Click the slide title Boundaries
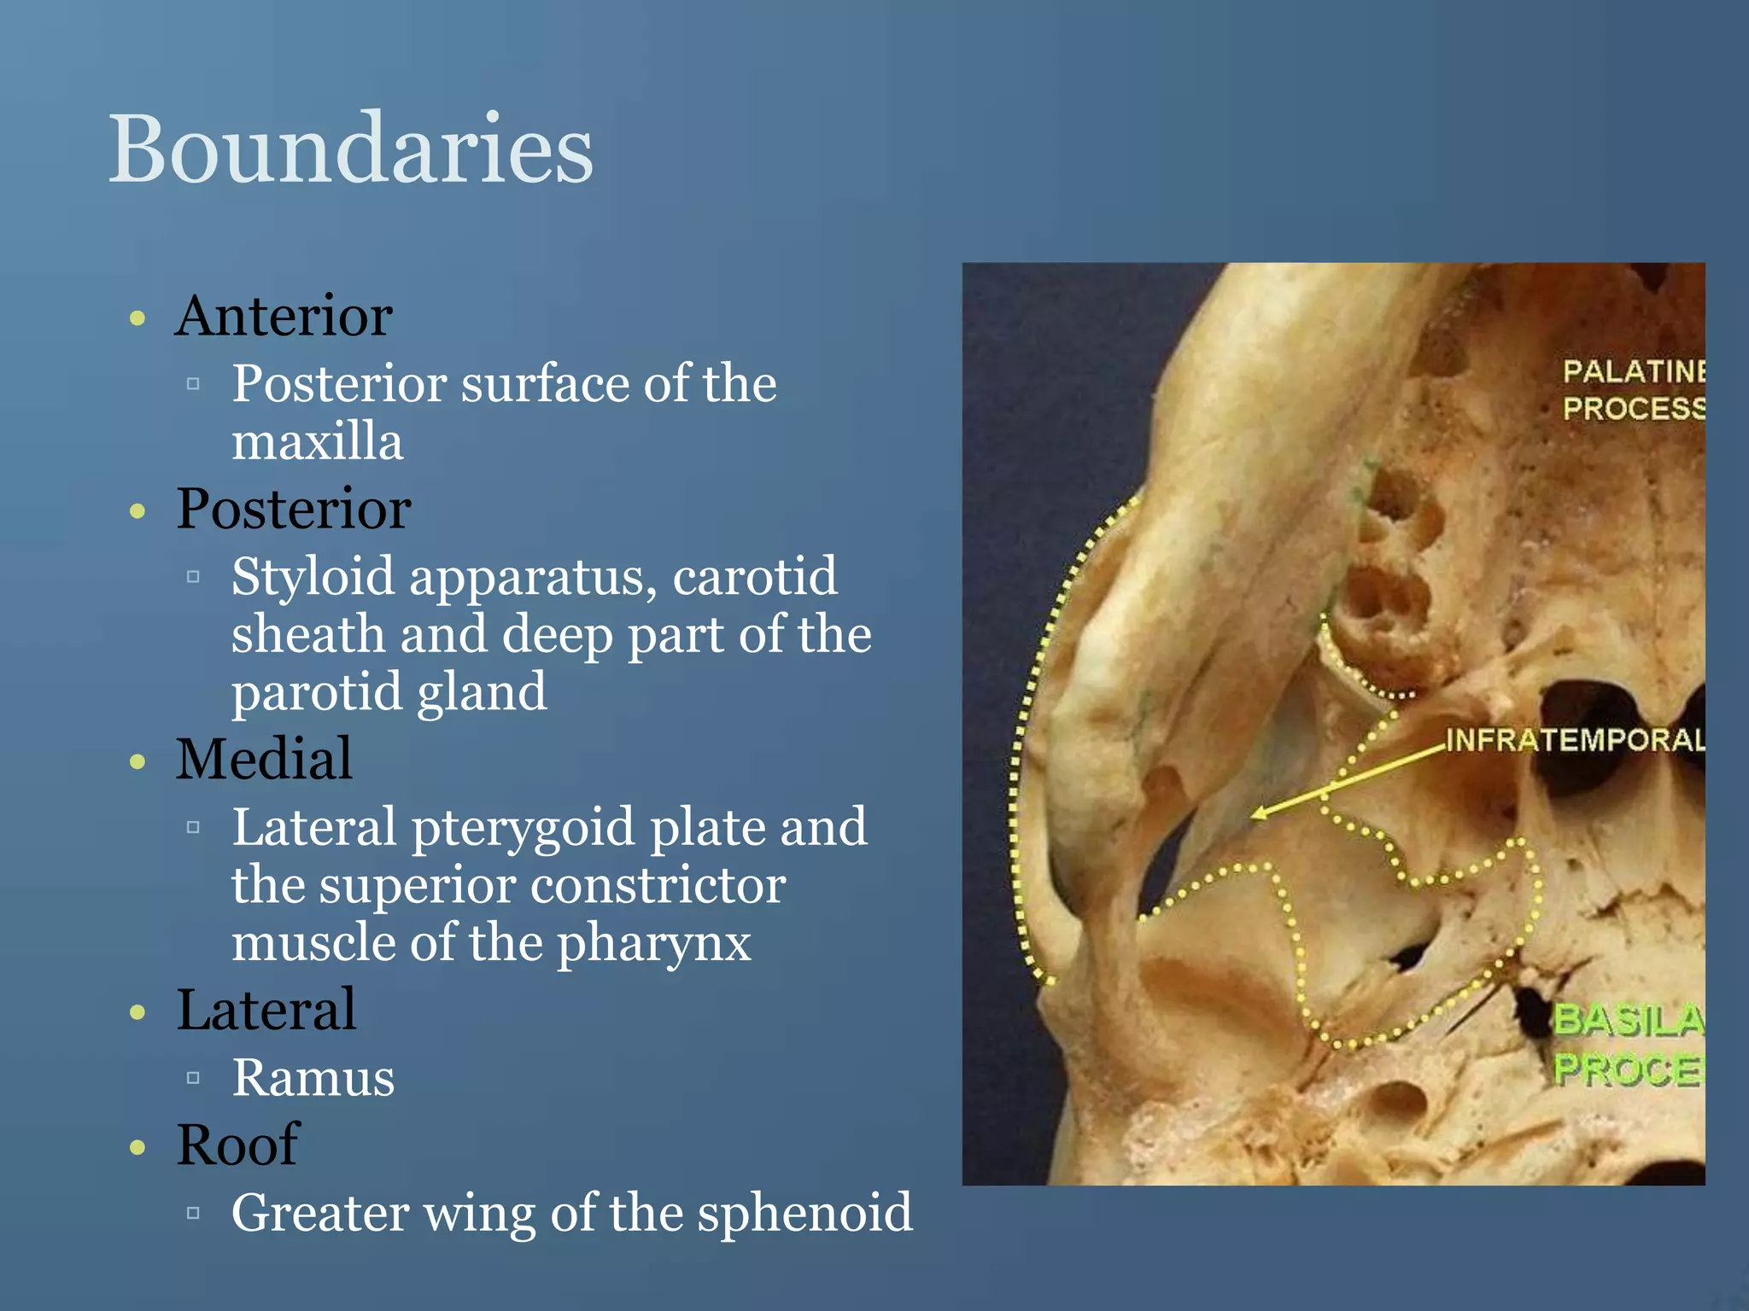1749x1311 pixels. pos(350,149)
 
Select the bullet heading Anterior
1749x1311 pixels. pos(284,317)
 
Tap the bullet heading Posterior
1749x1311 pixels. pos(294,509)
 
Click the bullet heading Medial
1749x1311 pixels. pos(264,759)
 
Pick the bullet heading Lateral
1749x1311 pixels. pos(266,1010)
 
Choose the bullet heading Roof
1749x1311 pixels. pos(237,1145)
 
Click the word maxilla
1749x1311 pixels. pos(317,442)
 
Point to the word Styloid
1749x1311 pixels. pos(313,577)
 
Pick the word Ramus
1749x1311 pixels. pos(313,1077)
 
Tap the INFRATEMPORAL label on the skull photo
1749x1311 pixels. pos(1573,740)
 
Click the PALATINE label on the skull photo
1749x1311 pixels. pos(1633,371)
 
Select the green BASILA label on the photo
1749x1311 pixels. pos(1627,1020)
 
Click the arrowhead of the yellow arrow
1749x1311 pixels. pos(1259,814)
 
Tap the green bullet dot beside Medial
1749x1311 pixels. pos(137,761)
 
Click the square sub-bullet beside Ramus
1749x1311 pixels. pos(193,1078)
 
